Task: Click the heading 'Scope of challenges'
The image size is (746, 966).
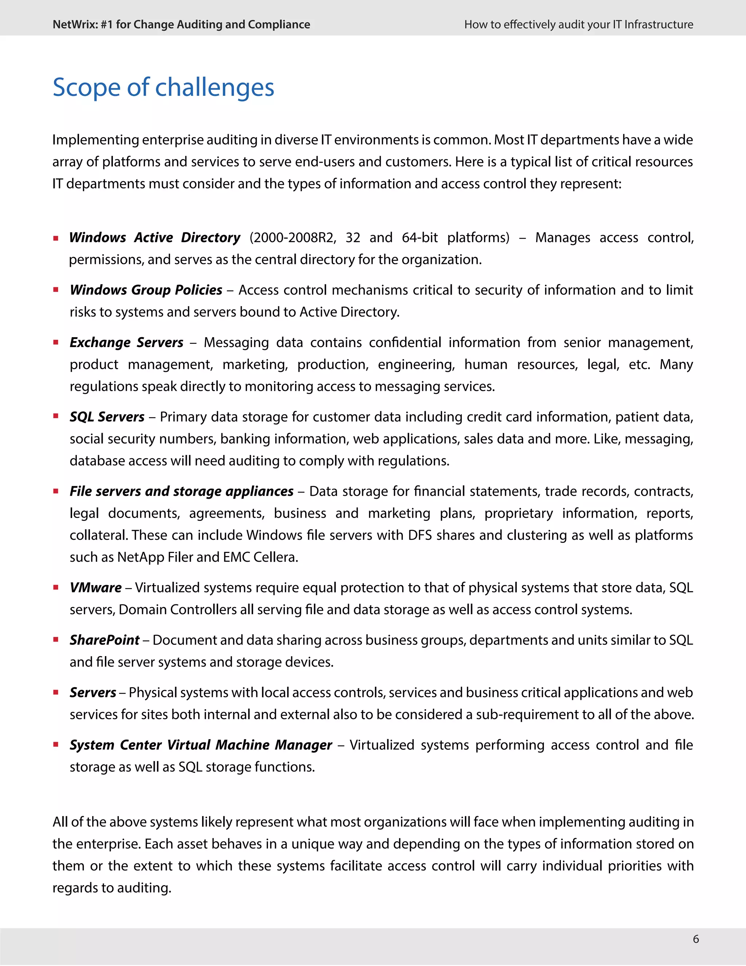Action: (x=163, y=87)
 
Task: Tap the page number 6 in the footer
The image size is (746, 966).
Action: (x=696, y=939)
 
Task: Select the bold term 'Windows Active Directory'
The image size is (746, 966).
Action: (x=155, y=238)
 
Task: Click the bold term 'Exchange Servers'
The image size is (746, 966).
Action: (x=126, y=342)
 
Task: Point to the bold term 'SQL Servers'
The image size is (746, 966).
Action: (x=107, y=417)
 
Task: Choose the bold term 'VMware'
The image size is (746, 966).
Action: (x=95, y=587)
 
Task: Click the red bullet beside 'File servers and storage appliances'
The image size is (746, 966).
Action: (x=56, y=491)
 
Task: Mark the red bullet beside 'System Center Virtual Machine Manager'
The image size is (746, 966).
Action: (x=56, y=745)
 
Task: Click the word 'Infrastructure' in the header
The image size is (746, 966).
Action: (x=659, y=25)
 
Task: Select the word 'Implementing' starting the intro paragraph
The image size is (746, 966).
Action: (x=95, y=140)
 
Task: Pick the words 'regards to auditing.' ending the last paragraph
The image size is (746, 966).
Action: (x=112, y=888)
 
